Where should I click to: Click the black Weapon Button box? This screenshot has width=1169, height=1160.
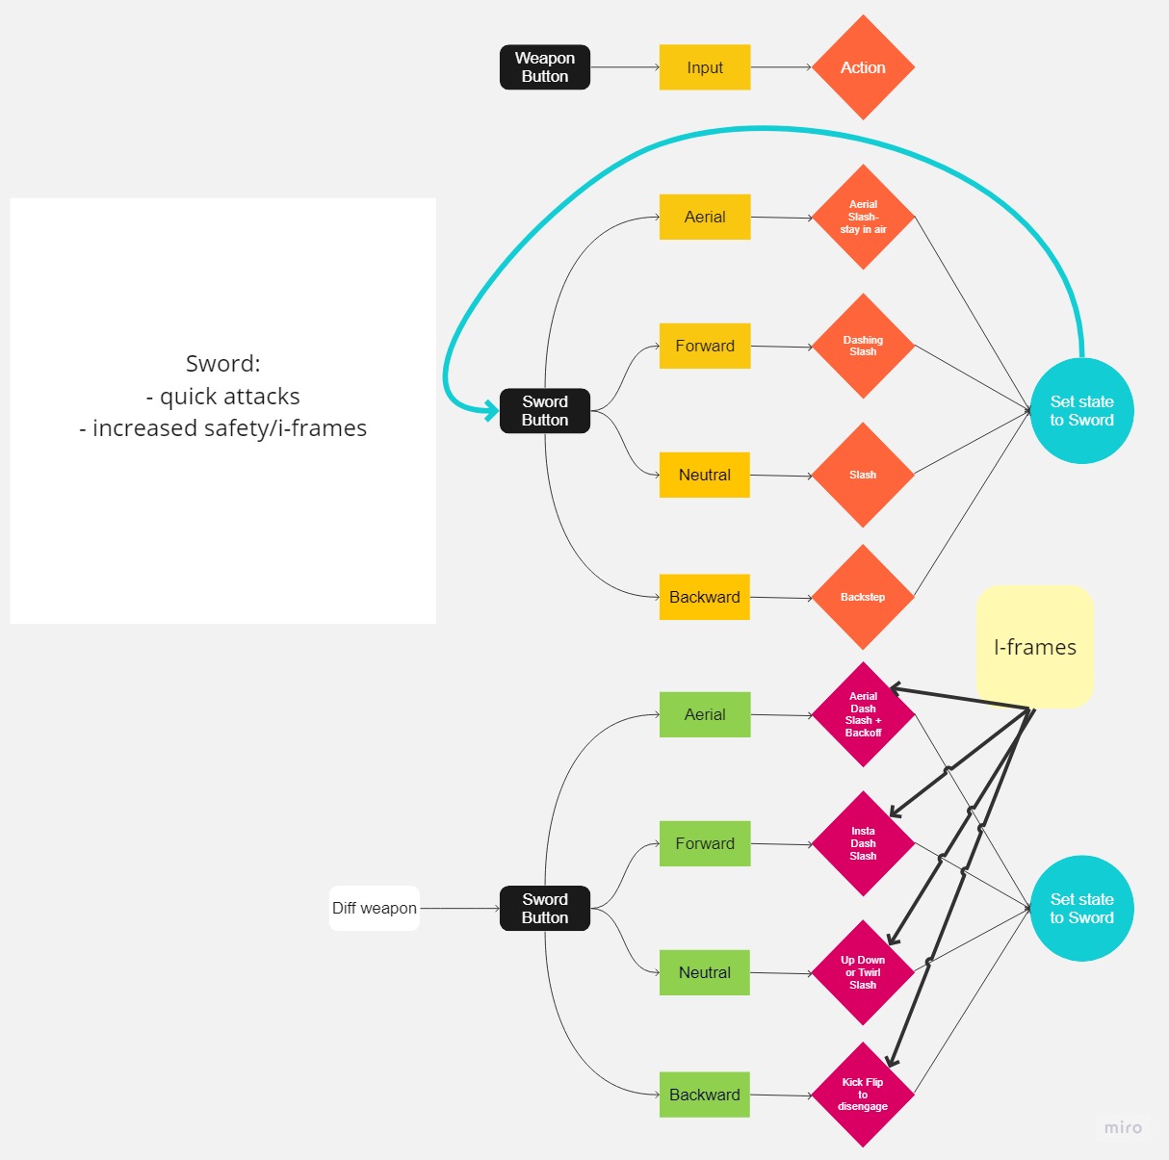tap(544, 67)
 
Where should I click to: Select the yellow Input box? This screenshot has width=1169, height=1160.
tap(704, 67)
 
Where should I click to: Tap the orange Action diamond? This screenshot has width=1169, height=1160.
tap(863, 67)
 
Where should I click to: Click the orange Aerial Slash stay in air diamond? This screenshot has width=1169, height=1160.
tap(863, 217)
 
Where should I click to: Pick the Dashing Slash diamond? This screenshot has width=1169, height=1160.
tap(863, 346)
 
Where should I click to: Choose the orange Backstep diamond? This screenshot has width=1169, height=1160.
tap(863, 597)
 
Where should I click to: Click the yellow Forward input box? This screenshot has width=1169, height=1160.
tap(704, 346)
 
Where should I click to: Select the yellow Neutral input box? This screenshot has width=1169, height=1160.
tap(704, 475)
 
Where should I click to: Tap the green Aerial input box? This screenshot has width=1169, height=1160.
tap(704, 714)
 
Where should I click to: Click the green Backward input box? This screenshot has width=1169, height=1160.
tap(704, 1095)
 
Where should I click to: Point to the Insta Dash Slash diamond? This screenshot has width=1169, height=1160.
tap(863, 843)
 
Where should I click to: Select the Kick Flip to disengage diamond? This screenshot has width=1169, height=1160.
tap(863, 1095)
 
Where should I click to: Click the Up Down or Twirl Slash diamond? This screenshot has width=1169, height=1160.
tap(863, 972)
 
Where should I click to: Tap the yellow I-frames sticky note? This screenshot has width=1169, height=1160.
tap(1035, 647)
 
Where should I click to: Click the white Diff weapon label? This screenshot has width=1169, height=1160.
tap(374, 908)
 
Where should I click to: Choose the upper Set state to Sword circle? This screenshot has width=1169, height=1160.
tap(1081, 411)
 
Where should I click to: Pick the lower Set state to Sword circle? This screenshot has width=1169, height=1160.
tap(1081, 908)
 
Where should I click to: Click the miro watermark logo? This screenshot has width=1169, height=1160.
tap(1123, 1127)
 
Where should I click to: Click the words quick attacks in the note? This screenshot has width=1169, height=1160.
tap(229, 396)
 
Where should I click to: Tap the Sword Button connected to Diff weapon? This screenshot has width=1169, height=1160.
tap(544, 908)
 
